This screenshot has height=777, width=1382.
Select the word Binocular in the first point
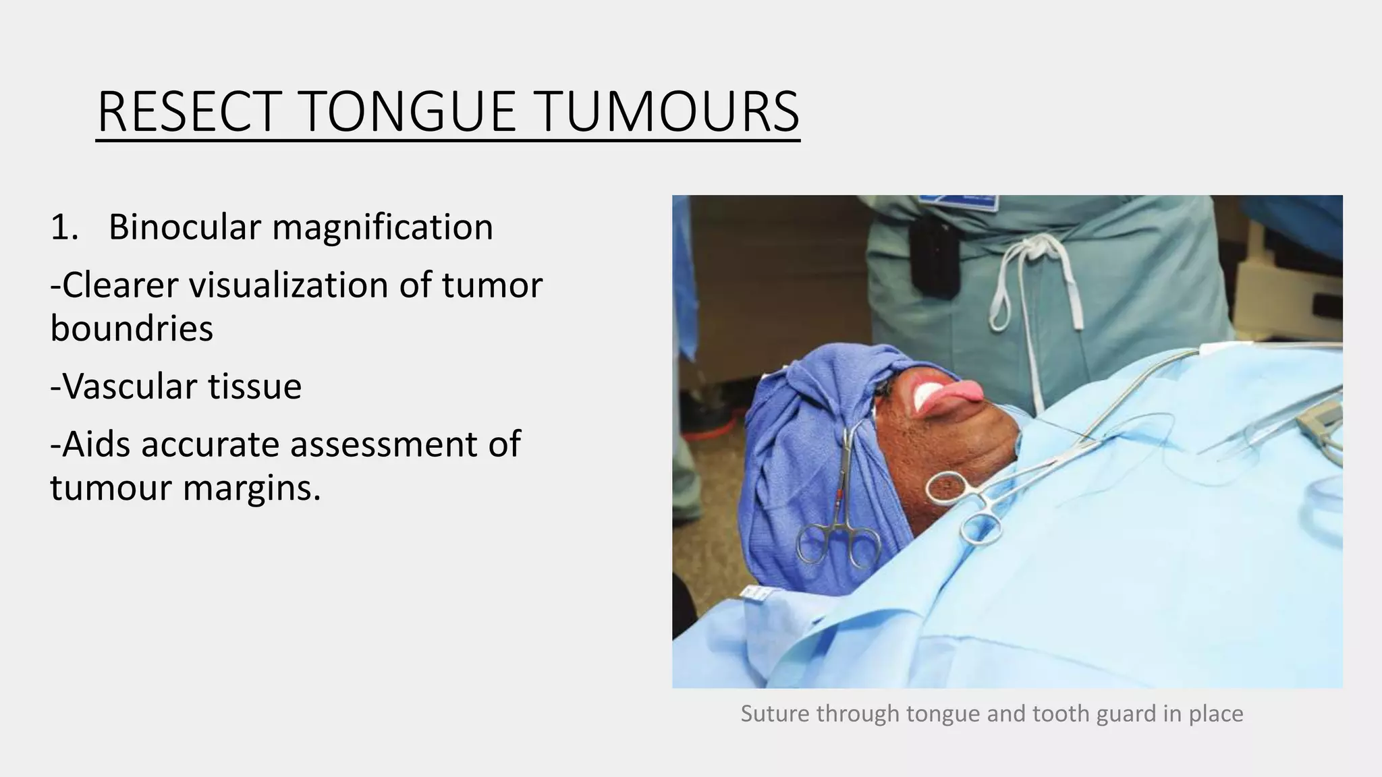(x=184, y=227)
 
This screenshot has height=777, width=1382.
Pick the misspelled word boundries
(x=132, y=328)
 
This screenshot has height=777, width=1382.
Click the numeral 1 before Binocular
(x=61, y=227)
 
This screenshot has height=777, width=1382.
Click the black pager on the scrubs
(x=933, y=257)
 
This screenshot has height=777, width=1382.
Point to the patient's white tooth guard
(x=921, y=397)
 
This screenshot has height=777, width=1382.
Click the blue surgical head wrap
(x=803, y=432)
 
